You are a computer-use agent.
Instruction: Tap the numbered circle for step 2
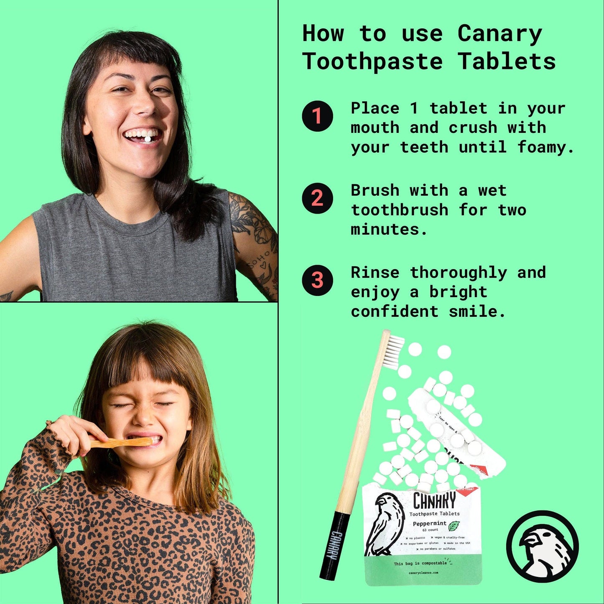tap(317, 198)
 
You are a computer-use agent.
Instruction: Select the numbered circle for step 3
tap(317, 280)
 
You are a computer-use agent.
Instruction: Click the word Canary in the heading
tap(500, 33)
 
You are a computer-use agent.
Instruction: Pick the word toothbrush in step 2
tap(400, 210)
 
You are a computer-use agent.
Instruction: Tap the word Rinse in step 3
tap(375, 273)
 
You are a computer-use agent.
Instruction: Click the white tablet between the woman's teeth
tap(148, 138)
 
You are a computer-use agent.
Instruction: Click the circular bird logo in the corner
tap(543, 546)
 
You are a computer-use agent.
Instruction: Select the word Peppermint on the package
tap(430, 523)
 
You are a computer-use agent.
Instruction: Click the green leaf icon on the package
tap(454, 525)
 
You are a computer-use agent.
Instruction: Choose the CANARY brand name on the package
tap(434, 500)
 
